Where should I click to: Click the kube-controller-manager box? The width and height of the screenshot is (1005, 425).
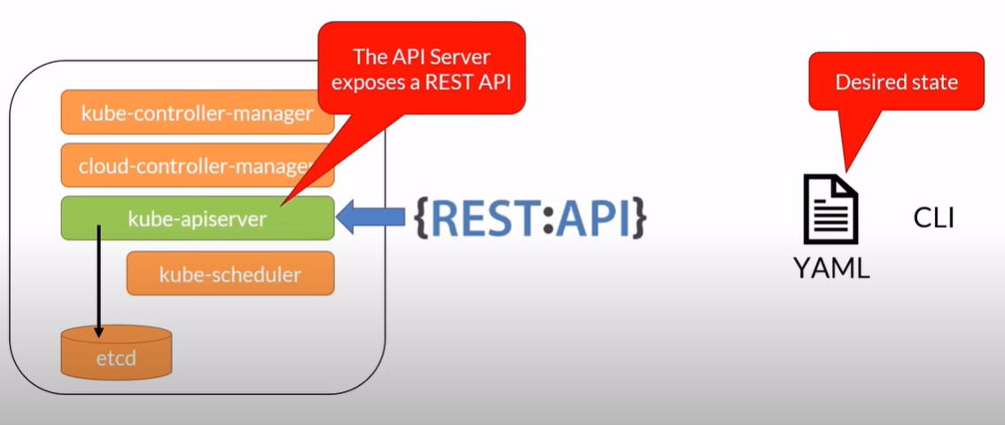coord(197,113)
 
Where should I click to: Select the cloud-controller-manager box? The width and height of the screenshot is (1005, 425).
coord(197,165)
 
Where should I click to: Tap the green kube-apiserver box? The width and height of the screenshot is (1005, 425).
coord(197,218)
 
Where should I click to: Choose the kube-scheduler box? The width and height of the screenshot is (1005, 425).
coord(230,273)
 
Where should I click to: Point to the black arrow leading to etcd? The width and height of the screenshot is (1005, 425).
coord(99,275)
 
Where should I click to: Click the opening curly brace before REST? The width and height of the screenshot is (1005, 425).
coord(423,218)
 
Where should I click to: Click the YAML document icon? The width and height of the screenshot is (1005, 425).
coord(830,209)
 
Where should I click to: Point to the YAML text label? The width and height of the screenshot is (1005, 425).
coord(831,265)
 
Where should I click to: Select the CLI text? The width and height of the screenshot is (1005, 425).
coord(933,217)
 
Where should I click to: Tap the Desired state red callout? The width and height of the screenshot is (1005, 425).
coord(896,82)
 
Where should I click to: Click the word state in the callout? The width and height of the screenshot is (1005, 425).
coord(935,83)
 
